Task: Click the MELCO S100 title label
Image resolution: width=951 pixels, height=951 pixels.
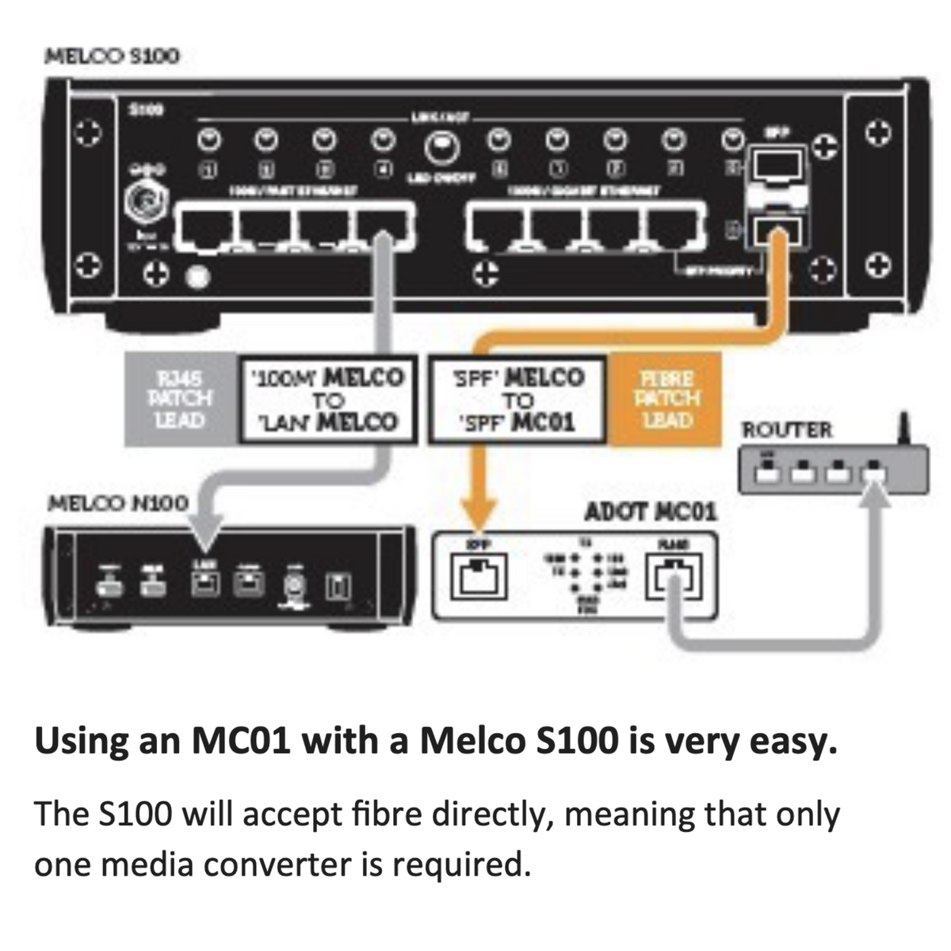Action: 113,56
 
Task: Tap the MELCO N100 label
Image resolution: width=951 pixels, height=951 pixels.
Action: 119,503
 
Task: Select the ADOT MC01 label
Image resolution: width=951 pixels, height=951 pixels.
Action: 650,512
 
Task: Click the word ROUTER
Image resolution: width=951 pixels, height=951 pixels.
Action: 787,430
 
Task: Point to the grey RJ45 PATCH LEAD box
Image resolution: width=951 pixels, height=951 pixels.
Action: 181,399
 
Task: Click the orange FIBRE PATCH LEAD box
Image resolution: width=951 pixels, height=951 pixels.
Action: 666,399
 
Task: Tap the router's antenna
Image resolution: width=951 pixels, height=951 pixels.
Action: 903,429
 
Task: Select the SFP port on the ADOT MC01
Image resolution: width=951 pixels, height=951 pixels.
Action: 478,576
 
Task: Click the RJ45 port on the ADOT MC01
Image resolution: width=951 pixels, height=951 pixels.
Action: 674,576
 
